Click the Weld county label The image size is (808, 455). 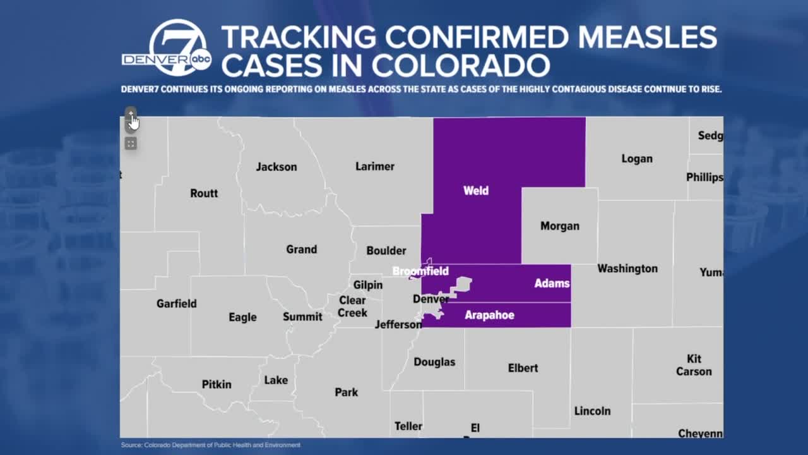coord(476,190)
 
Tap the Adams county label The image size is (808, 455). coord(552,283)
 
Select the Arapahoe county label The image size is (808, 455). coord(489,315)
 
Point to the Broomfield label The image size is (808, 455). coord(420,271)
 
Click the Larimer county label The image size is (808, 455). coord(375,166)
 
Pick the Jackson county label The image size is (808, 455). coord(276,167)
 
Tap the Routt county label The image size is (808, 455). coord(204,193)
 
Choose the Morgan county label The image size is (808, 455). coord(559,226)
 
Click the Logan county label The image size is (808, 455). coord(636,159)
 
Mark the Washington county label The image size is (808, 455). coord(627,269)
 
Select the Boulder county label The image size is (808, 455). coord(386,250)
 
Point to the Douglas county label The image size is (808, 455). coord(434,362)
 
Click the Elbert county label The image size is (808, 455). coord(523,368)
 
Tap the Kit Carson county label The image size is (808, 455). coord(694,365)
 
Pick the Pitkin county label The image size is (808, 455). coord(217,384)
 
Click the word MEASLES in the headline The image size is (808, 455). coord(648,37)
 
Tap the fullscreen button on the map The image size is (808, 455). coord(131,144)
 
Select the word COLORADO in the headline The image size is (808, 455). coord(460,65)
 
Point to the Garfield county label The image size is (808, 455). coord(177,303)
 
